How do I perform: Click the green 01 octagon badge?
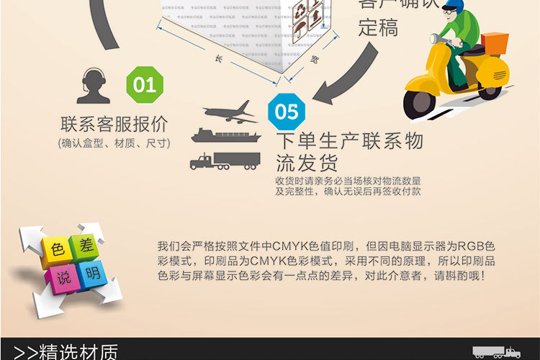(145, 85)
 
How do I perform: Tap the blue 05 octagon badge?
(287, 112)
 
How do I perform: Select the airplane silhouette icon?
(230, 112)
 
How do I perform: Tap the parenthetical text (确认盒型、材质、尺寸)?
(114, 143)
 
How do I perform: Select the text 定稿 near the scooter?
(378, 29)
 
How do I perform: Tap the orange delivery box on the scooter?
(495, 48)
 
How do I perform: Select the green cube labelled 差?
(85, 245)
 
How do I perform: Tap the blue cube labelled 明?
(91, 274)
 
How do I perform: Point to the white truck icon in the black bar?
(496, 352)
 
